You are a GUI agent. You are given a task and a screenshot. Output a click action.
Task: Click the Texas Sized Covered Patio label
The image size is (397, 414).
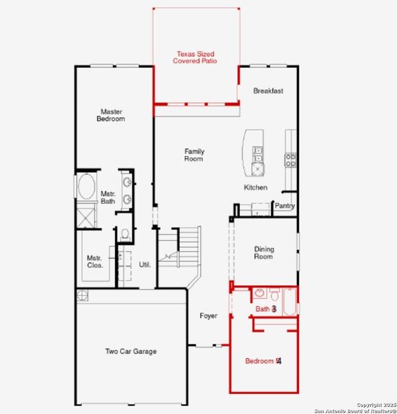pyautogui.click(x=196, y=57)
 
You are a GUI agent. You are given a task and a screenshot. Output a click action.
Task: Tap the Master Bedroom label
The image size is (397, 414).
pyautogui.click(x=112, y=115)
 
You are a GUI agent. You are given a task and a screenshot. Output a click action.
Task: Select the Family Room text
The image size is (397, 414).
pyautogui.click(x=194, y=155)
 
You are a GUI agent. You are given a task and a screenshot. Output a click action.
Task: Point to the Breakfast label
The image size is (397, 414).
pyautogui.click(x=268, y=91)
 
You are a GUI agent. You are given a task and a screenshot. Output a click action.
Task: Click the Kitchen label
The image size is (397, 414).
pyautogui.click(x=256, y=188)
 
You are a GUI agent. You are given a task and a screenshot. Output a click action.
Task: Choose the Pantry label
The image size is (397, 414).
pyautogui.click(x=285, y=206)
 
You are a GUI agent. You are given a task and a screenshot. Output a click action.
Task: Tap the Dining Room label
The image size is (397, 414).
pyautogui.click(x=263, y=253)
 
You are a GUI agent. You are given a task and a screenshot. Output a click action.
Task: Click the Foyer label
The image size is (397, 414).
pyautogui.click(x=208, y=316)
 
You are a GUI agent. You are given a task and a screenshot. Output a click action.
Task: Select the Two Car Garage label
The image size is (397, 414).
pyautogui.click(x=130, y=351)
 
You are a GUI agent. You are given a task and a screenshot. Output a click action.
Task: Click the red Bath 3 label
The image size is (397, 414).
pyautogui.click(x=266, y=310)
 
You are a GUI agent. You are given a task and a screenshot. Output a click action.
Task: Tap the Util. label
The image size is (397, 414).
pyautogui.click(x=145, y=264)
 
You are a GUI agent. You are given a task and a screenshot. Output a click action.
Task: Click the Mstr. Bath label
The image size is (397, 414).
pyautogui.click(x=108, y=197)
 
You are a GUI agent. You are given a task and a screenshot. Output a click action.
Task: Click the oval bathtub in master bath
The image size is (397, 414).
pyautogui.click(x=87, y=187)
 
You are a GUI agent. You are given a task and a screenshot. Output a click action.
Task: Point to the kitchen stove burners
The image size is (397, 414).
pyautogui.click(x=291, y=160)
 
